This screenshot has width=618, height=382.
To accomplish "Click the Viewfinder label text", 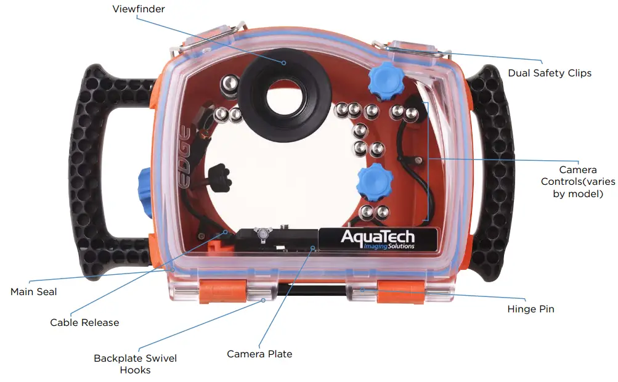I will click(x=139, y=9).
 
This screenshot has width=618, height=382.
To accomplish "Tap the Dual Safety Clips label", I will click(x=549, y=73).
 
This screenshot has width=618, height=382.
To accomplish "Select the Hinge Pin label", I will click(x=530, y=309).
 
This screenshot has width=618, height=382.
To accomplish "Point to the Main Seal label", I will click(x=33, y=291).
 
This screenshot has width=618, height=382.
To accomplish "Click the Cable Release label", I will click(x=84, y=322).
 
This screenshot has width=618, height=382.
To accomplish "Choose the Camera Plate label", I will click(x=259, y=354).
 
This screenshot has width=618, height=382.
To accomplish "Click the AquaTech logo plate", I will click(x=378, y=238).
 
